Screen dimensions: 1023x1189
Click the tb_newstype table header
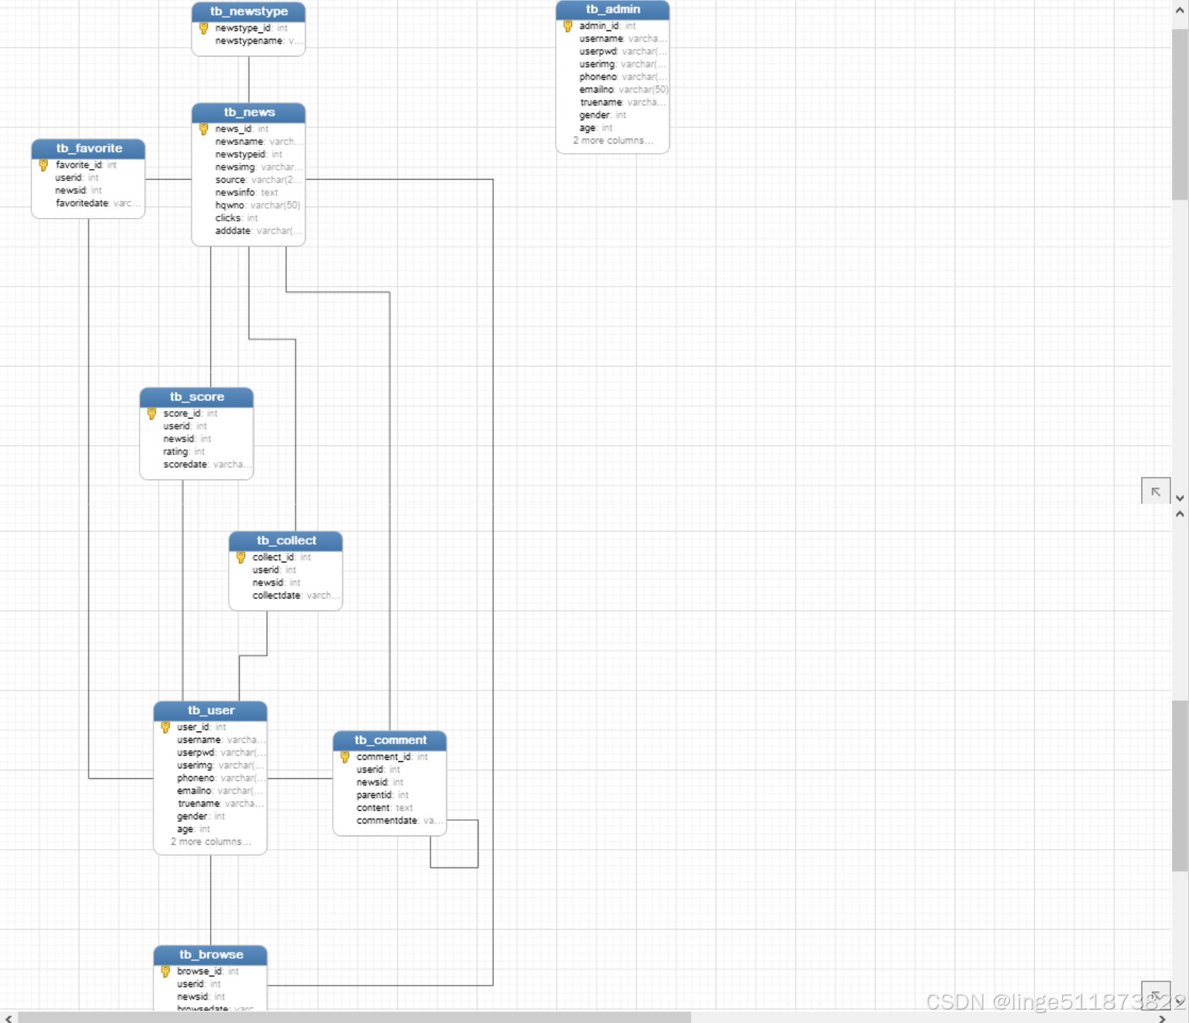pos(248,11)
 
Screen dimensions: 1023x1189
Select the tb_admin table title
pos(612,9)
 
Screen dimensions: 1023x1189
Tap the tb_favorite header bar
pos(88,148)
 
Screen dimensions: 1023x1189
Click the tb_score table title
pos(197,397)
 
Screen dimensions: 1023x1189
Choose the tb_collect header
pos(286,541)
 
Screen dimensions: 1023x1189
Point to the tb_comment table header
pos(390,740)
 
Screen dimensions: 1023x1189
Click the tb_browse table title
pos(210,954)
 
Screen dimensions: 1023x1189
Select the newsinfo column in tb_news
pos(235,192)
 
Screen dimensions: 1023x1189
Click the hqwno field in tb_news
pos(230,205)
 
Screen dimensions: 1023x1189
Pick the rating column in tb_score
pos(176,451)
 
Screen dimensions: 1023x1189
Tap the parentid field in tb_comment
pos(374,795)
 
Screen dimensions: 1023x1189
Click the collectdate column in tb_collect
pos(276,596)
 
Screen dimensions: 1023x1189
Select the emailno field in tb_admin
pos(596,90)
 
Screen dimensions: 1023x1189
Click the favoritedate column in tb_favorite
pos(82,203)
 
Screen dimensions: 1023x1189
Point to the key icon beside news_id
pos(204,129)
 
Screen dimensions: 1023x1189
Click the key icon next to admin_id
pos(568,26)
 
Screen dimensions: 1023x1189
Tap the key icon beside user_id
pos(166,727)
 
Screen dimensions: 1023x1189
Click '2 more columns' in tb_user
pos(210,842)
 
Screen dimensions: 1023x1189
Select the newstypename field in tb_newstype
pos(248,41)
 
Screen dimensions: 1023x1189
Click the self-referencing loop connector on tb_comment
pos(478,845)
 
